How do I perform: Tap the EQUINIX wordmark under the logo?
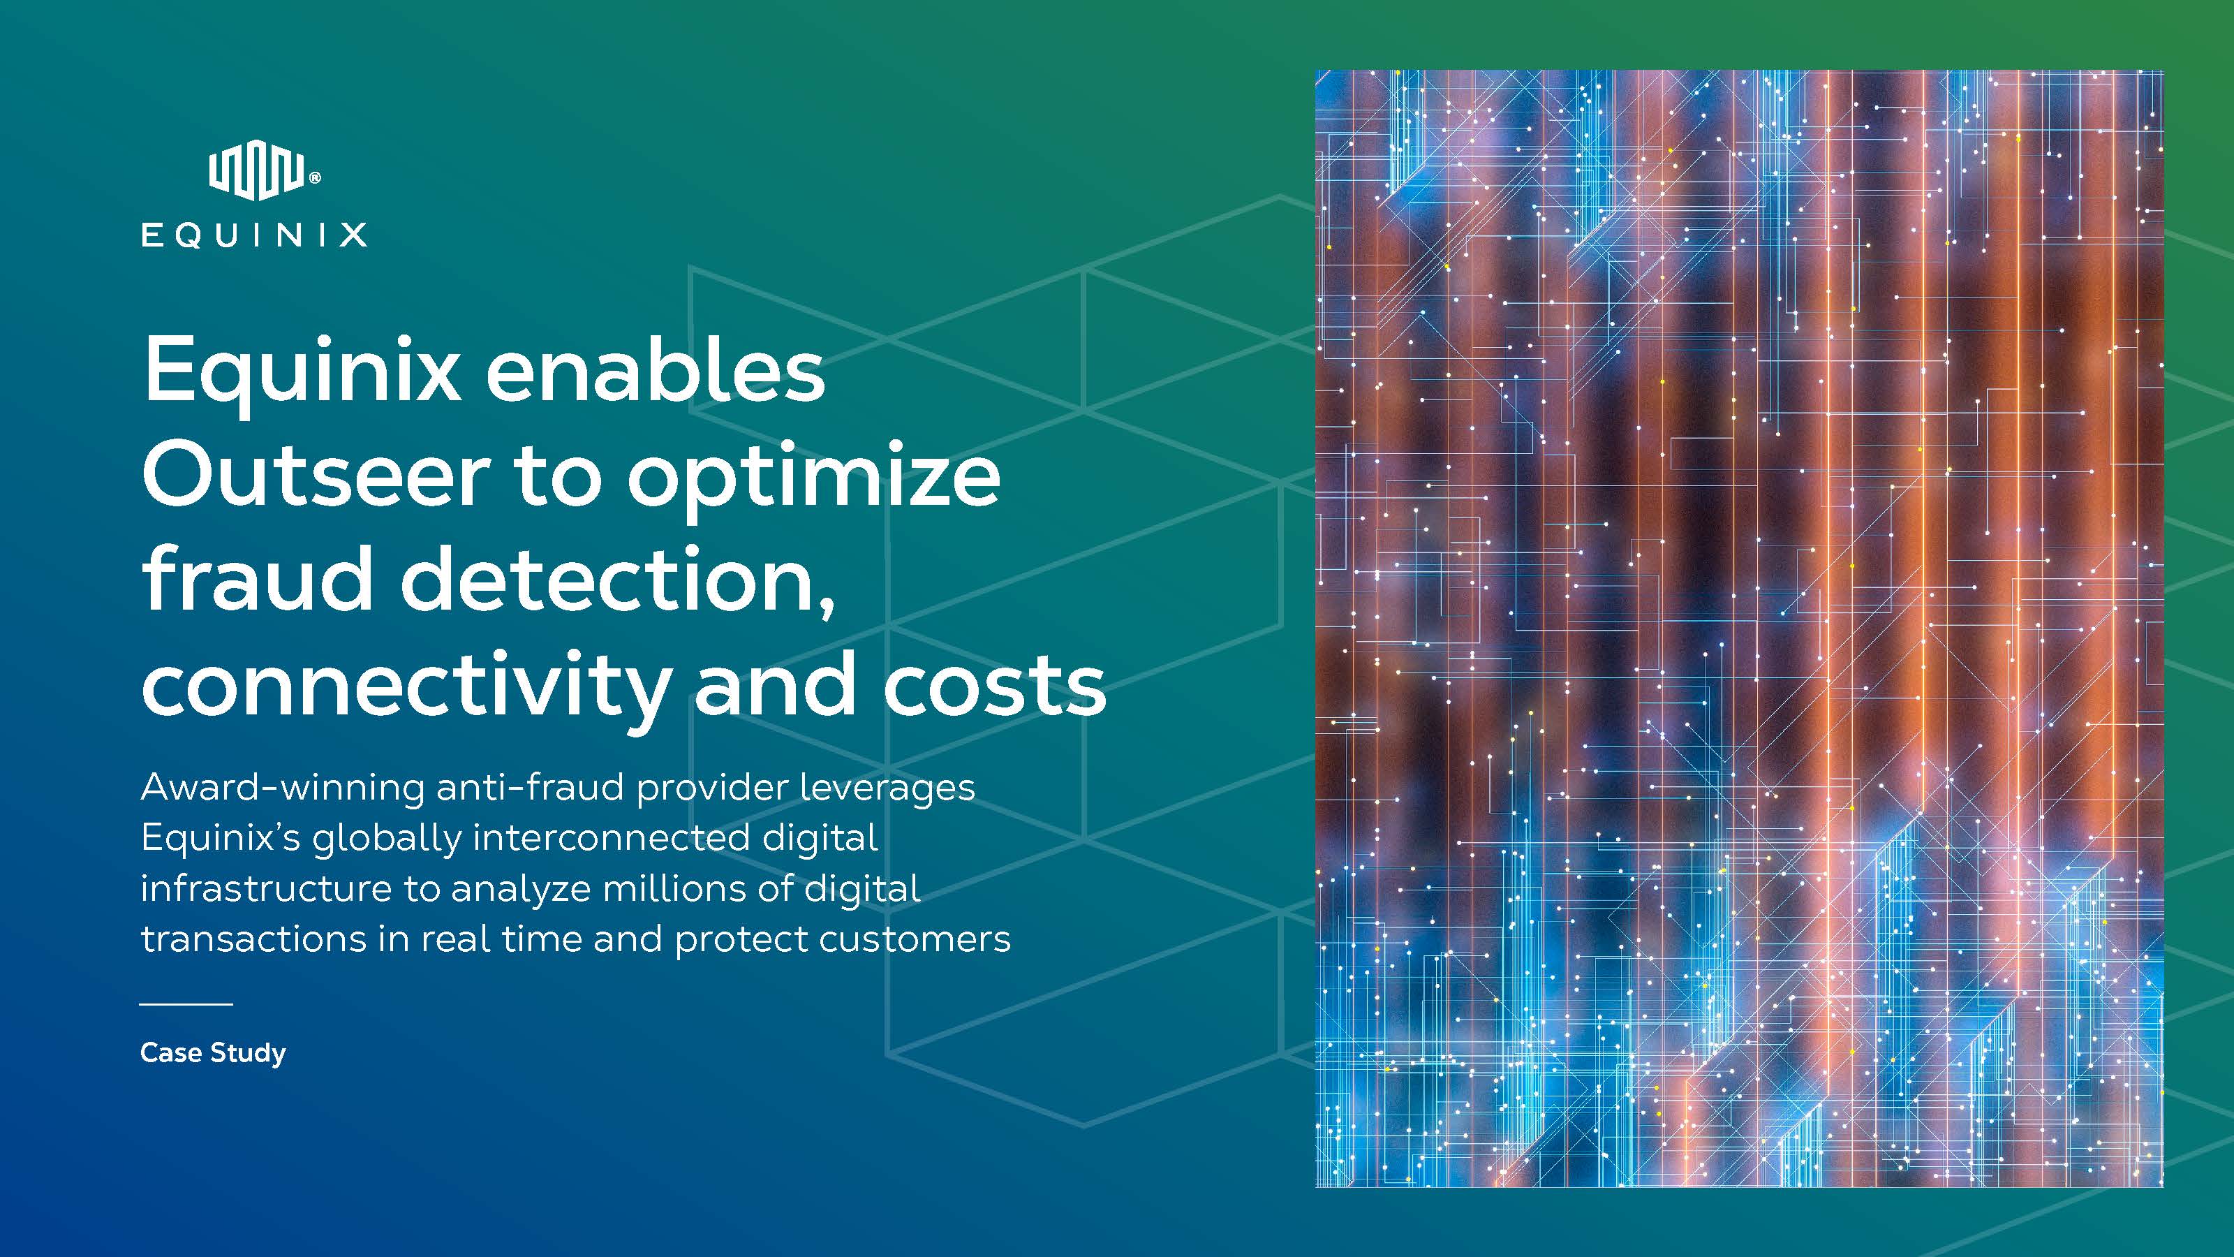[254, 235]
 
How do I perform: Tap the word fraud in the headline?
[258, 579]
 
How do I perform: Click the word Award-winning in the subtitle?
[283, 788]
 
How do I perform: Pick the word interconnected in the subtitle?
[612, 838]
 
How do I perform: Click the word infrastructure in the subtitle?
[265, 888]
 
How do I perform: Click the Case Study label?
[212, 1053]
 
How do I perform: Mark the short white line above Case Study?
[186, 1004]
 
